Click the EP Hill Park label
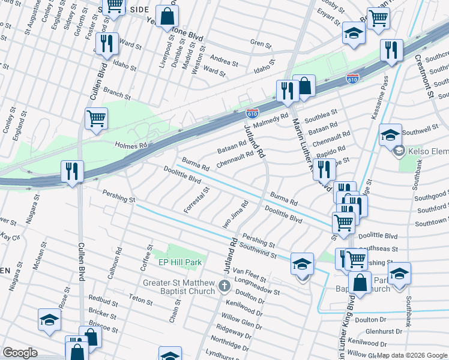coord(179,262)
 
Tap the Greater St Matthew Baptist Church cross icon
coord(224,286)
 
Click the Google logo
coord(19,353)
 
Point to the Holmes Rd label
coord(131,146)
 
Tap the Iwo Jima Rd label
coord(236,211)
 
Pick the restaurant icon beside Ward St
coord(106,43)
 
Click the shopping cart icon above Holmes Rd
coord(96,118)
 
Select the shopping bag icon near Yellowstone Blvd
coord(167,16)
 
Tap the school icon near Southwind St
coord(302,263)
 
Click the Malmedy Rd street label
coord(270,119)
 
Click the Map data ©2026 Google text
coord(412,355)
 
